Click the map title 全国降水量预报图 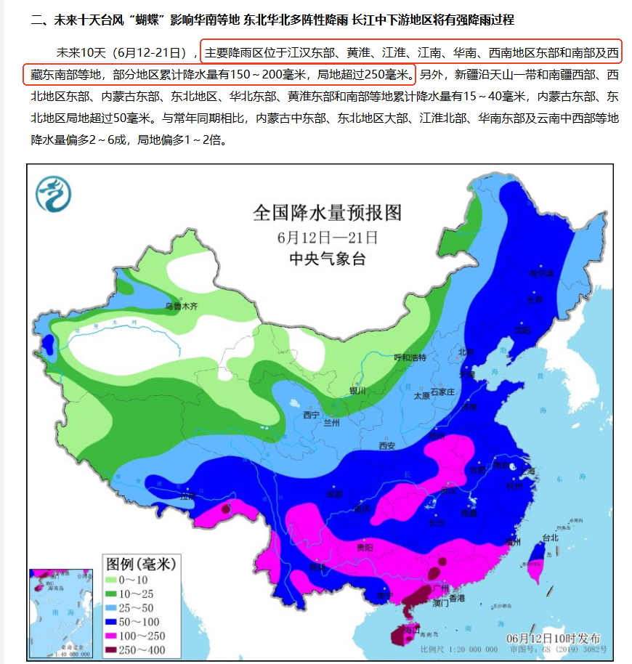[327, 214]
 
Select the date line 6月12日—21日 [327, 238]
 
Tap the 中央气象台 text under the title [327, 259]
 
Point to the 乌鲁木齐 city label [181, 307]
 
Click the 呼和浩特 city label [410, 357]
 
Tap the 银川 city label [358, 390]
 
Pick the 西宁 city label [311, 415]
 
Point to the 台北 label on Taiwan [549, 538]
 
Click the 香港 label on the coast [456, 598]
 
